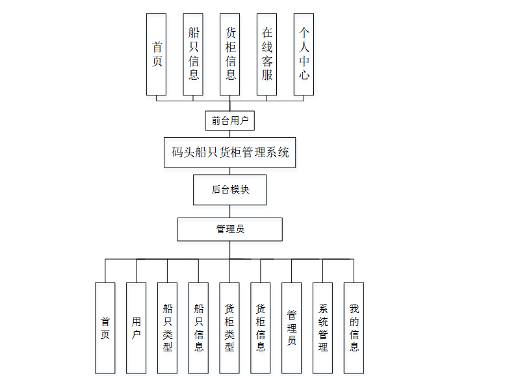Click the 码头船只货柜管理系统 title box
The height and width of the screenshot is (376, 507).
pyautogui.click(x=230, y=153)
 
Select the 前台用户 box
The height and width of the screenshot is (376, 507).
pyautogui.click(x=229, y=120)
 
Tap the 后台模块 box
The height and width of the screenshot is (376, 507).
pyautogui.click(x=229, y=190)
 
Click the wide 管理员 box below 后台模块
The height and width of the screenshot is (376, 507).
pyautogui.click(x=230, y=229)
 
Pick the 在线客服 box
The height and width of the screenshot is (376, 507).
pyautogui.click(x=267, y=55)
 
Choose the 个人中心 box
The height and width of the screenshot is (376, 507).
pyautogui.click(x=304, y=55)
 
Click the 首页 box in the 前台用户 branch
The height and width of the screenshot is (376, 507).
pyautogui.click(x=157, y=55)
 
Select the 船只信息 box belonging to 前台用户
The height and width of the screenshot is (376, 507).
pyautogui.click(x=193, y=55)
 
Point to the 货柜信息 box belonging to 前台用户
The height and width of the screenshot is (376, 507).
pyautogui.click(x=230, y=55)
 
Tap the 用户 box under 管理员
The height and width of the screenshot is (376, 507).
pyautogui.click(x=136, y=327)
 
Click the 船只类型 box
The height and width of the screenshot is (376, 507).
pyautogui.click(x=167, y=327)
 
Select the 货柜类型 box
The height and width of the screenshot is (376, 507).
pyautogui.click(x=229, y=327)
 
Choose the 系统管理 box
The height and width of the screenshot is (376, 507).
pyautogui.click(x=323, y=327)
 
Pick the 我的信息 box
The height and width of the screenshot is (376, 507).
pyautogui.click(x=354, y=327)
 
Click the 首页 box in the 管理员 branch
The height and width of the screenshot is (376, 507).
pyautogui.click(x=105, y=327)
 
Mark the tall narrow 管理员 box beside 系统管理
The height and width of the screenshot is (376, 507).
pyautogui.click(x=292, y=327)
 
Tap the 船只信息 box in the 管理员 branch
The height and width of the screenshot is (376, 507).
pyautogui.click(x=198, y=327)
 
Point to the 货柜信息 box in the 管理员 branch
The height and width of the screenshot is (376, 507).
pyautogui.click(x=261, y=327)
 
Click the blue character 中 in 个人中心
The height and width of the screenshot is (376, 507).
pyautogui.click(x=304, y=60)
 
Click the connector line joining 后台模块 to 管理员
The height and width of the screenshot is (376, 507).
pyautogui.click(x=229, y=212)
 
